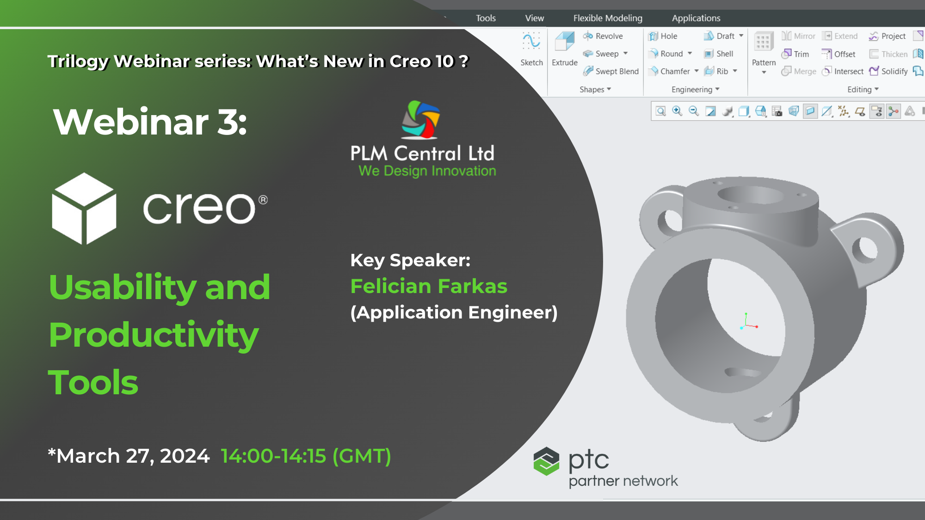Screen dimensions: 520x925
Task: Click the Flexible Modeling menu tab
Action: (607, 18)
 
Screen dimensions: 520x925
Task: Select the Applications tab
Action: (696, 18)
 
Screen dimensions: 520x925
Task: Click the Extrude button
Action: (564, 48)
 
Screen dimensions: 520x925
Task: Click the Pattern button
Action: (764, 48)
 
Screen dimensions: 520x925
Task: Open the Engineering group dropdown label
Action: (695, 89)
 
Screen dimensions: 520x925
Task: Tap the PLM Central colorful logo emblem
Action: (420, 120)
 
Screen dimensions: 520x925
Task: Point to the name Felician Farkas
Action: (429, 286)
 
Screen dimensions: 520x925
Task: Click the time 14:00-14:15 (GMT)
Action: (306, 456)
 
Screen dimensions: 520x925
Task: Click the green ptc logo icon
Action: (546, 461)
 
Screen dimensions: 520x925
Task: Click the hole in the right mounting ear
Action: (864, 250)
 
